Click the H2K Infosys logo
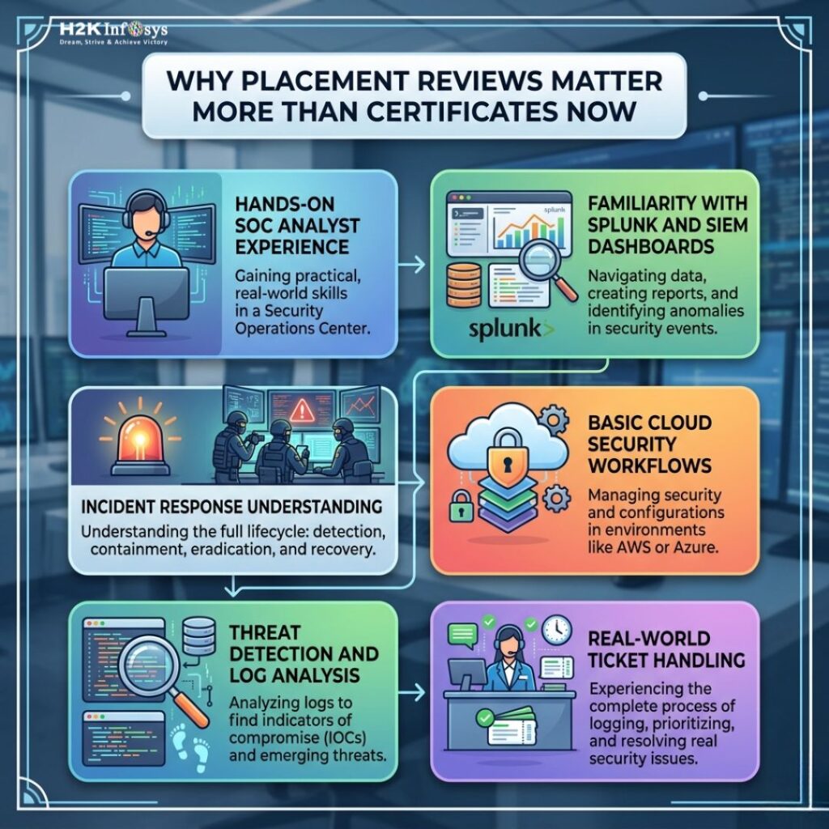coord(113,32)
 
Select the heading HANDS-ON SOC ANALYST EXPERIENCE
coord(296,226)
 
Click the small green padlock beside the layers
coord(461,506)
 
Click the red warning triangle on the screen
coord(302,409)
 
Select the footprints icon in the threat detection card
coord(191,746)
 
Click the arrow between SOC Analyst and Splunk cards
coord(411,264)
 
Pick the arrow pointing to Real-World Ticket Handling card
coord(411,692)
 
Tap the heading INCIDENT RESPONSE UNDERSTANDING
coord(232,507)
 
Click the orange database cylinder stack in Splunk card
coord(463,286)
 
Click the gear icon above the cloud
coord(552,419)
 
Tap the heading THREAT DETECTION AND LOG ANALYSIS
coord(304,654)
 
